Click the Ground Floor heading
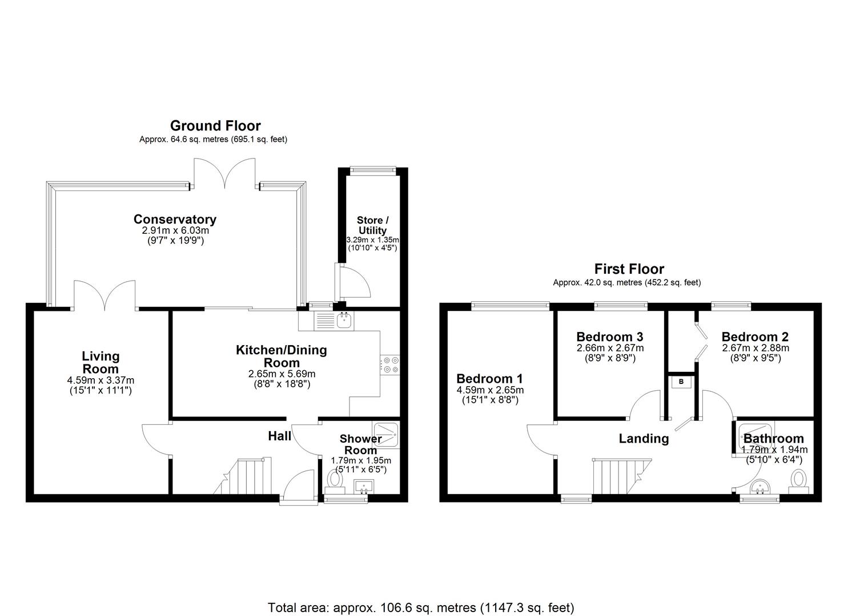pyautogui.click(x=215, y=125)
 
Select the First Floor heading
pyautogui.click(x=629, y=269)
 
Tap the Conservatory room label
pyautogui.click(x=175, y=219)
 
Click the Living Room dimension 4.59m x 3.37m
pyautogui.click(x=101, y=380)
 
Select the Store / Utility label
pyautogui.click(x=372, y=225)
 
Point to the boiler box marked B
pyautogui.click(x=681, y=382)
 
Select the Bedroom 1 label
pyautogui.click(x=489, y=379)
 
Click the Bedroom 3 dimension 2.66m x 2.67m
pyautogui.click(x=610, y=348)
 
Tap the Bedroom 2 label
pyautogui.click(x=749, y=337)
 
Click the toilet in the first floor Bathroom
pyautogui.click(x=798, y=480)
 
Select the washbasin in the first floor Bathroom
pyautogui.click(x=759, y=487)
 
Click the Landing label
pyautogui.click(x=644, y=438)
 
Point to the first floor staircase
pyautogui.click(x=620, y=476)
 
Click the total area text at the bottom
pyautogui.click(x=421, y=607)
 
